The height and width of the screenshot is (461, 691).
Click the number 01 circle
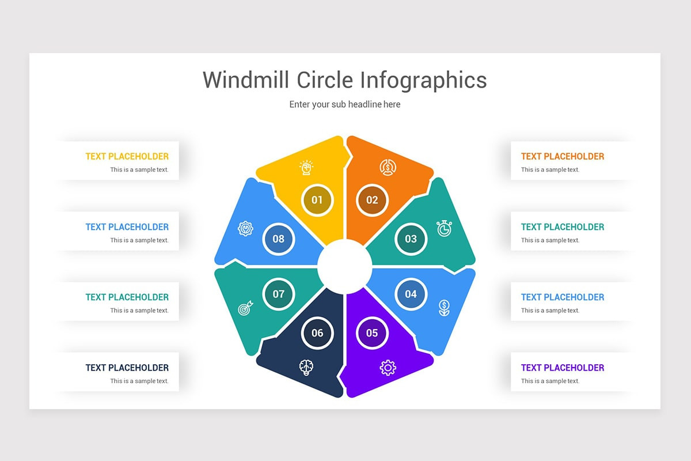(317, 200)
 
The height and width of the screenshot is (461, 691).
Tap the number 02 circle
(372, 200)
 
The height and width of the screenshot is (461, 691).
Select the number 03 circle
(411, 239)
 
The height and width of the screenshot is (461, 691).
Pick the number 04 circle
(411, 294)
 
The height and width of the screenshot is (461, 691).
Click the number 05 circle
(372, 332)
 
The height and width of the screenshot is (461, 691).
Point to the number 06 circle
(317, 332)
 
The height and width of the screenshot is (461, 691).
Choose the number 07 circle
(279, 294)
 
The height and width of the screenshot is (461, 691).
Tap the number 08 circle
(279, 239)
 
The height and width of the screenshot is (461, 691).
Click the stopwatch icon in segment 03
(444, 228)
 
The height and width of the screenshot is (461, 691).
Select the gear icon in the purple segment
(388, 368)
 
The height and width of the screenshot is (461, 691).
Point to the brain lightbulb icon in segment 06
(306, 368)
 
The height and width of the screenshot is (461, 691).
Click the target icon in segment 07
(245, 309)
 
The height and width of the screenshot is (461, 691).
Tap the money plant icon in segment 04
(444, 308)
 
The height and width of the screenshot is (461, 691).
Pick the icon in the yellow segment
(306, 168)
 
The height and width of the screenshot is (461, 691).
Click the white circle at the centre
(345, 266)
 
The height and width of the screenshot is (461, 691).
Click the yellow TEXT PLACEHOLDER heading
(127, 156)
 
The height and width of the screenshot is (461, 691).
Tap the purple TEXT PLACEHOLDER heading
(563, 368)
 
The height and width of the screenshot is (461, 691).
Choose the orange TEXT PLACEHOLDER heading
(563, 156)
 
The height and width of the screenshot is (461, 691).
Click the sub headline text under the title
(345, 104)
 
